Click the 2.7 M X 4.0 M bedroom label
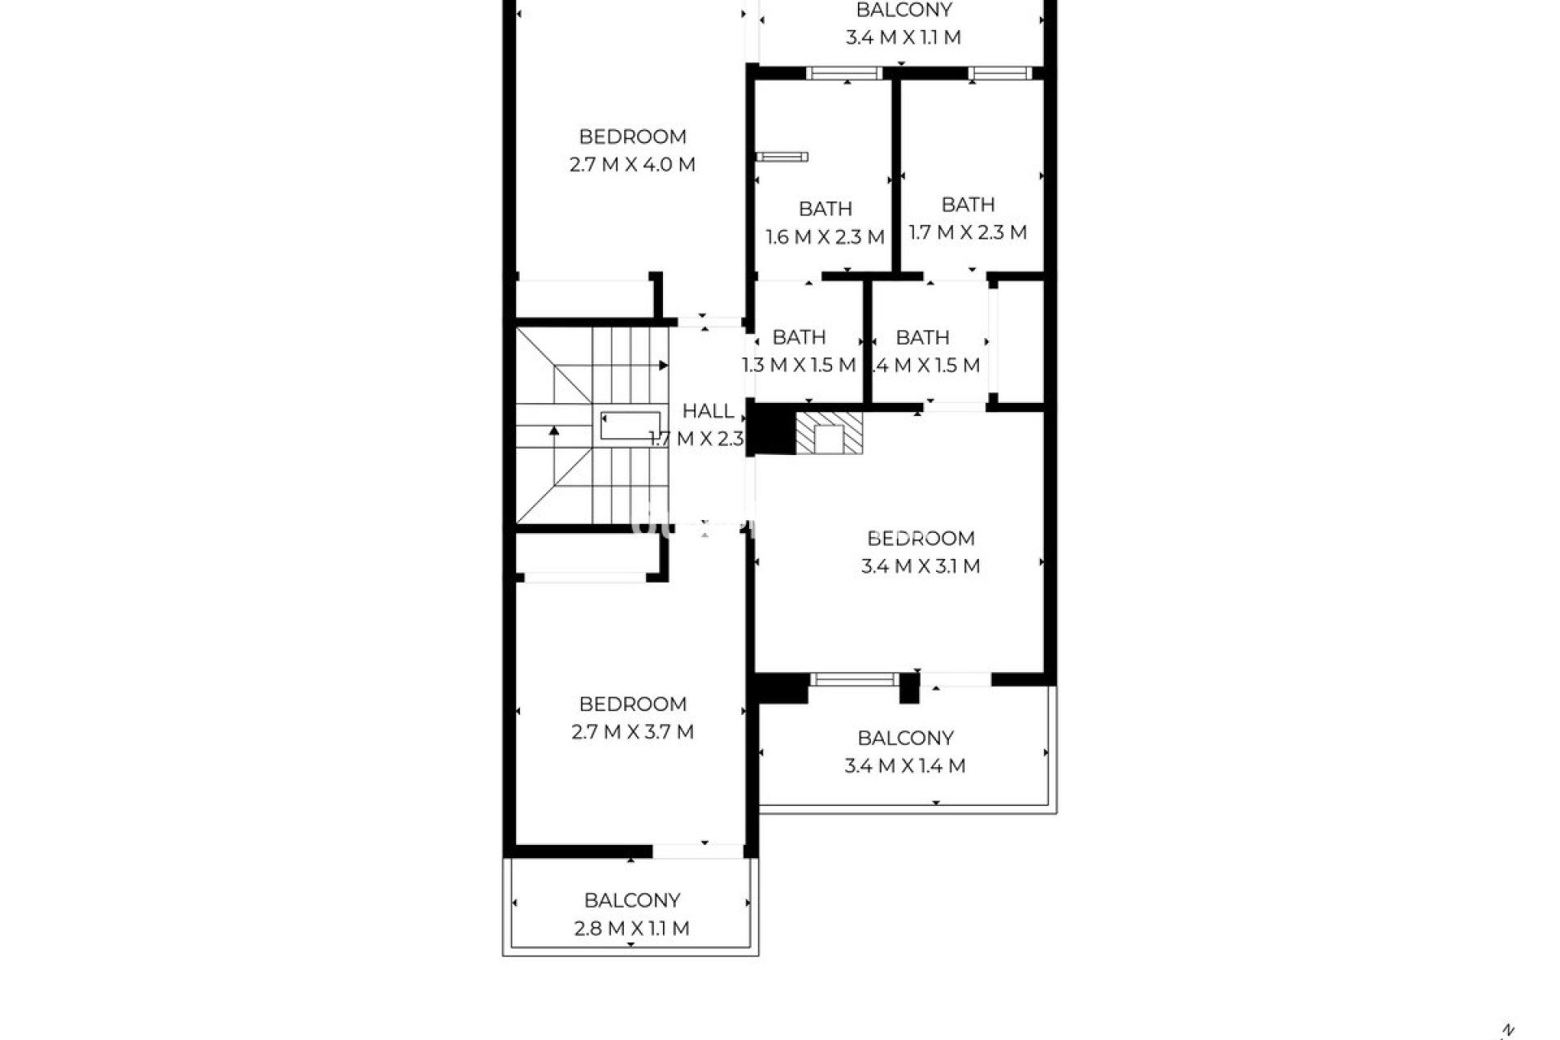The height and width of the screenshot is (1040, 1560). click(632, 150)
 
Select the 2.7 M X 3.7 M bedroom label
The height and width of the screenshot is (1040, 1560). click(632, 718)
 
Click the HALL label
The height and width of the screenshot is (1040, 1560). click(708, 411)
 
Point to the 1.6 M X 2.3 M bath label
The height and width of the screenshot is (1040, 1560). click(825, 223)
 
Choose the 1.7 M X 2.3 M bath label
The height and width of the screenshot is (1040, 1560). click(967, 219)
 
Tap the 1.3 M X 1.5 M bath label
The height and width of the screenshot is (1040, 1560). click(799, 351)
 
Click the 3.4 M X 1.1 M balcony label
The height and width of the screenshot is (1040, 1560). click(903, 24)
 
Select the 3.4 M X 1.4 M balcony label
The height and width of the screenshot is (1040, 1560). click(904, 752)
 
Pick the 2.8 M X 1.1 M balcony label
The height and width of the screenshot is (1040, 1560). click(631, 914)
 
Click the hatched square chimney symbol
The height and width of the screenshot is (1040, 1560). click(829, 433)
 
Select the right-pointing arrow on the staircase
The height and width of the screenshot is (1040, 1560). click(663, 366)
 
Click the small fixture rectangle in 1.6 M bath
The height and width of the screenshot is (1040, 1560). click(782, 157)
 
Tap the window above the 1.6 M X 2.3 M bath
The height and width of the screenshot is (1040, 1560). click(845, 73)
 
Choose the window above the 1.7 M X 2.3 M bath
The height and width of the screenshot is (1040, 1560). click(999, 73)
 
